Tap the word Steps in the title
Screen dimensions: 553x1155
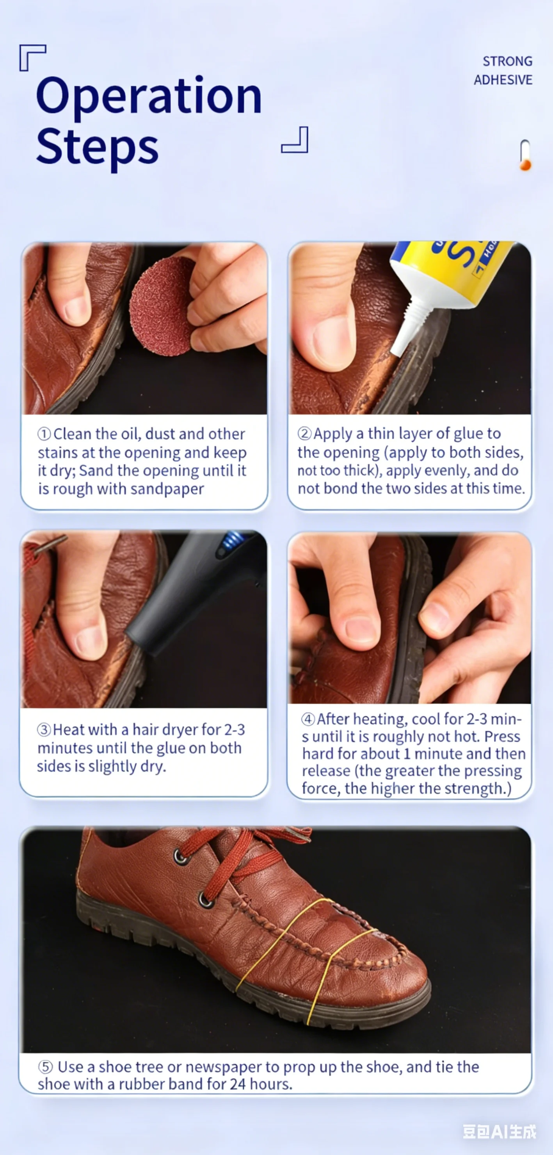click(97, 148)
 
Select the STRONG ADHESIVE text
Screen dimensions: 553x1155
click(503, 70)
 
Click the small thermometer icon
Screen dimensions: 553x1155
click(525, 155)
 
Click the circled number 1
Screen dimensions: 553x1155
click(44, 434)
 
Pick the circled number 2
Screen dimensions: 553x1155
click(304, 434)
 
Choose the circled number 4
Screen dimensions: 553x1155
click(308, 719)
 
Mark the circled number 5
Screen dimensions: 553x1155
click(45, 1067)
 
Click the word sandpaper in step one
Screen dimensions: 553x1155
click(167, 489)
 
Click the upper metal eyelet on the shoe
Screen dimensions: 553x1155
click(181, 857)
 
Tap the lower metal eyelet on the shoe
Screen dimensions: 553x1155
click(205, 900)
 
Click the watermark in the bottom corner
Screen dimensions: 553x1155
click(499, 1131)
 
